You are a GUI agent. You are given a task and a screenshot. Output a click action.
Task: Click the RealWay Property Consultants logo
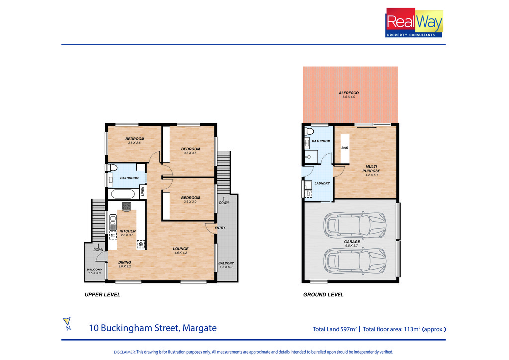coord(414,23)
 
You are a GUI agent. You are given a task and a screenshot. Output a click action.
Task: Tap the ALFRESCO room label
coord(349,93)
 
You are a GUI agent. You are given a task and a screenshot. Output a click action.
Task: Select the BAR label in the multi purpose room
coord(345,148)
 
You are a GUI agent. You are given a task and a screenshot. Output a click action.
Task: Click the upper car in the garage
coord(354,224)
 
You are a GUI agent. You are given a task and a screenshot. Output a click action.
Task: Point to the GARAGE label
coord(352,242)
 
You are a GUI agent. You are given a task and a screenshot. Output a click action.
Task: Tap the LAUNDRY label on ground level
coord(322,183)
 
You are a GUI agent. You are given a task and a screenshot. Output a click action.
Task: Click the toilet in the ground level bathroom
coord(309,131)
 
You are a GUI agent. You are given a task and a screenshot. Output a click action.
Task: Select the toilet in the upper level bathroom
coord(112,168)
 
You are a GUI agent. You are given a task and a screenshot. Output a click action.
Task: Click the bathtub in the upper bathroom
coord(123,194)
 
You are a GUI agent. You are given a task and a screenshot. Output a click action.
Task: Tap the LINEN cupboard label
coord(142,191)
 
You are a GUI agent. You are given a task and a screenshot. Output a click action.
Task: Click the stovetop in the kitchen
coord(127,206)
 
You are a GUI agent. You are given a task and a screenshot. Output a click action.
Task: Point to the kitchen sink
coord(113,223)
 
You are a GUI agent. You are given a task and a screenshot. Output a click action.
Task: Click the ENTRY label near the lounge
coord(220,228)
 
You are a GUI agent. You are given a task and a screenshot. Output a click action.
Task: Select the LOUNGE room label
coord(181,249)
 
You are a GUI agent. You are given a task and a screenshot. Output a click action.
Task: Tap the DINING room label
coord(125,262)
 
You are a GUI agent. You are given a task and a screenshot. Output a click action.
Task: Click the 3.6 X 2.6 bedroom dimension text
coord(134,143)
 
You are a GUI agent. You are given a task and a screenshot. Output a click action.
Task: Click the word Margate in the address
coord(200,328)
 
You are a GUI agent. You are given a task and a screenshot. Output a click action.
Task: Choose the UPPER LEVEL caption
coord(102,295)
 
